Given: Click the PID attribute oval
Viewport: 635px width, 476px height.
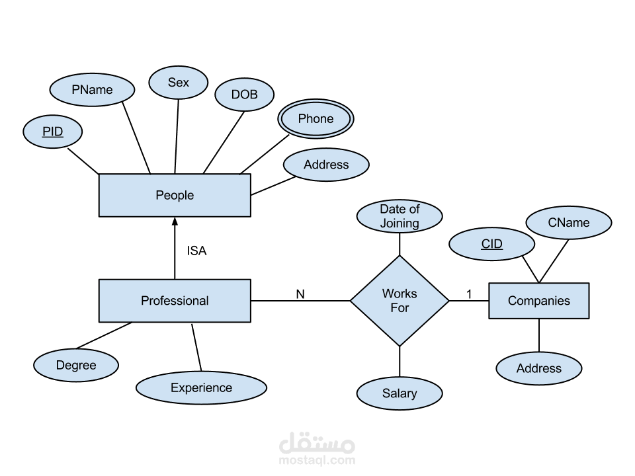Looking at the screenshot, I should pyautogui.click(x=53, y=132).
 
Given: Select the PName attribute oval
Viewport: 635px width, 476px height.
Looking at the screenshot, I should pyautogui.click(x=93, y=90).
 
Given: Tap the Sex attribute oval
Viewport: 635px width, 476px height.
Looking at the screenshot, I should pyautogui.click(x=179, y=83).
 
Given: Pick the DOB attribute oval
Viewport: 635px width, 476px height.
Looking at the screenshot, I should pyautogui.click(x=245, y=95).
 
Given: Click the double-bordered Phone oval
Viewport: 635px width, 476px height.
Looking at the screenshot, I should pyautogui.click(x=316, y=119).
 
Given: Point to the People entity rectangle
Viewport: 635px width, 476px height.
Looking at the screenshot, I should pyautogui.click(x=175, y=195).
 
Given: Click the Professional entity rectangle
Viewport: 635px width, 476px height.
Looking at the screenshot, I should pyautogui.click(x=175, y=301).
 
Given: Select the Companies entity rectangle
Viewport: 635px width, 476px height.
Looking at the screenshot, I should pyautogui.click(x=538, y=301).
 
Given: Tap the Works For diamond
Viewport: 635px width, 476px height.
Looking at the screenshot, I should pyautogui.click(x=400, y=301).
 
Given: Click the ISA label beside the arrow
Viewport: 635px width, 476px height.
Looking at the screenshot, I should pyautogui.click(x=197, y=251).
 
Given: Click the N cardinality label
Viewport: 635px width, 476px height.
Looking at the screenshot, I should pyautogui.click(x=300, y=294).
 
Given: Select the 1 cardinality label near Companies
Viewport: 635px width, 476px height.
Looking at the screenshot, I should pyautogui.click(x=470, y=294).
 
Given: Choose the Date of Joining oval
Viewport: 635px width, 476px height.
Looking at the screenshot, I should pyautogui.click(x=400, y=217).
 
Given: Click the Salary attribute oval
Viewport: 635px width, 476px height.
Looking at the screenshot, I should pyautogui.click(x=400, y=394).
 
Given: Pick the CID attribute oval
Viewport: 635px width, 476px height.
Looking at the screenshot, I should pyautogui.click(x=492, y=245).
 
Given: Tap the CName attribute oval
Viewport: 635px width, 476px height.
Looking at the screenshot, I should pyautogui.click(x=569, y=223).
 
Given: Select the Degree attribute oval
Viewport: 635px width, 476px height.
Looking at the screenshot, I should pyautogui.click(x=76, y=366).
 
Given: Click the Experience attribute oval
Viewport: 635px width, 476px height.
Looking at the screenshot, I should pyautogui.click(x=201, y=388).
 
